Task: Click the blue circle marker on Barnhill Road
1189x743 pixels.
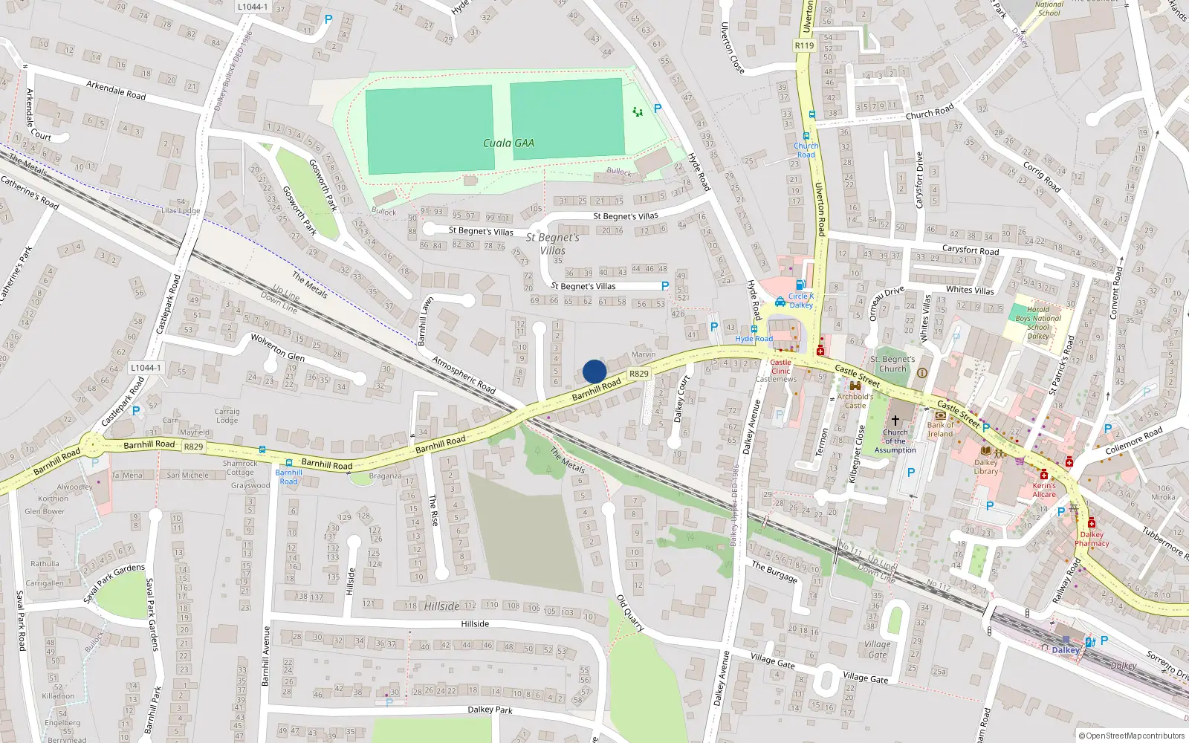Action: pyautogui.click(x=594, y=371)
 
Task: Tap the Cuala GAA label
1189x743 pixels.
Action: pyautogui.click(x=508, y=143)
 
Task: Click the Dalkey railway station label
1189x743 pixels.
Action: pyautogui.click(x=1065, y=650)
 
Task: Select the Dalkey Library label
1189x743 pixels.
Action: pyautogui.click(x=986, y=467)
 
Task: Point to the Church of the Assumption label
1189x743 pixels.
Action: pyautogui.click(x=895, y=441)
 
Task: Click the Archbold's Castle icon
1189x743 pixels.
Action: pyautogui.click(x=855, y=386)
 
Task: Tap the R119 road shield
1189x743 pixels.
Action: pyautogui.click(x=804, y=45)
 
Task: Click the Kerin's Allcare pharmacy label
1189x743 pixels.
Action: pyautogui.click(x=1044, y=490)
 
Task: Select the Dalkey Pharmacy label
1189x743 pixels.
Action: pyautogui.click(x=1092, y=539)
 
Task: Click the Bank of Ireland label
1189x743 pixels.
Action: pyautogui.click(x=940, y=429)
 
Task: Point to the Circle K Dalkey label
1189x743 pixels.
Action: pyautogui.click(x=801, y=300)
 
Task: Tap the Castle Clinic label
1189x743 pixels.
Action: pyautogui.click(x=780, y=366)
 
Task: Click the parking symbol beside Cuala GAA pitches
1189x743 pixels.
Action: pyautogui.click(x=658, y=108)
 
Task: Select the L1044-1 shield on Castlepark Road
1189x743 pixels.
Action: pyautogui.click(x=145, y=368)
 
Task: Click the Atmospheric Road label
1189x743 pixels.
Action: pyautogui.click(x=464, y=375)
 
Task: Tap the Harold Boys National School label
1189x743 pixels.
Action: pyautogui.click(x=1038, y=322)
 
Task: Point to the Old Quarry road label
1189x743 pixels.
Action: pyautogui.click(x=630, y=613)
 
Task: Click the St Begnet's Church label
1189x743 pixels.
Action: pyautogui.click(x=892, y=363)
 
